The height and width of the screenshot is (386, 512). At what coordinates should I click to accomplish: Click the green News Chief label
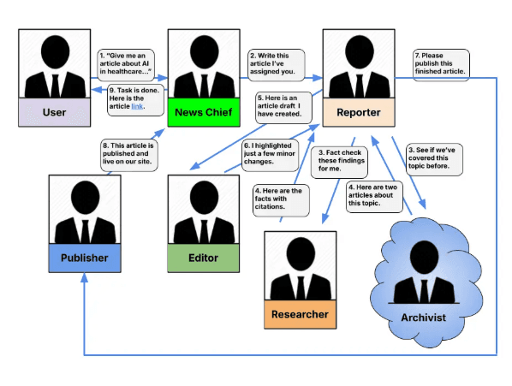point(204,112)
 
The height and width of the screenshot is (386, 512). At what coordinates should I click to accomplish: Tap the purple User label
point(55,112)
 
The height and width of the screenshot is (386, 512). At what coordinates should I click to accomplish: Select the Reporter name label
point(359,112)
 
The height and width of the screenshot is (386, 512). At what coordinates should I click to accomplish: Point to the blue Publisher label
point(85,258)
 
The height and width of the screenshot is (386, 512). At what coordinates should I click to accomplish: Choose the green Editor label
point(204,258)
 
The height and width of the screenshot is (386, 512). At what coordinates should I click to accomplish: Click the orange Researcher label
point(300,314)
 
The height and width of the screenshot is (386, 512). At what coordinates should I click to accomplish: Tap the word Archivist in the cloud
point(423,318)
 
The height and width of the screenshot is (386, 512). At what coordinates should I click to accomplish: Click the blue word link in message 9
point(137,106)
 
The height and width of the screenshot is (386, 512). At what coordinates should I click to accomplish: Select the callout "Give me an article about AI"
point(126,65)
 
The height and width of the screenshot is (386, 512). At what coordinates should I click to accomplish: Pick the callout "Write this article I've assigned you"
point(277,65)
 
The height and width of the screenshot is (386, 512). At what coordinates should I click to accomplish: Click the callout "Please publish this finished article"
point(441,65)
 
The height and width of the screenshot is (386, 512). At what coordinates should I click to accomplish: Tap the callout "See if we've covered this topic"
point(435,159)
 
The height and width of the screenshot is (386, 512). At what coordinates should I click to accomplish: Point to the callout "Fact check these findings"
point(339,162)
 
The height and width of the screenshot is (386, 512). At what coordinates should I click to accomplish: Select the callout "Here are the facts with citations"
point(281,200)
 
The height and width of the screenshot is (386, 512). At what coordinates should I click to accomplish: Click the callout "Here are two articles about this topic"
point(374,197)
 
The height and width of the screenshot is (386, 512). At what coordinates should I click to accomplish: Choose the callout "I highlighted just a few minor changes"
point(270,155)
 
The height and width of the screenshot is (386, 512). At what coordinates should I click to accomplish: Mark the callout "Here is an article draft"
point(283,107)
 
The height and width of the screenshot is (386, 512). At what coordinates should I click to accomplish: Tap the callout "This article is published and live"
point(129,155)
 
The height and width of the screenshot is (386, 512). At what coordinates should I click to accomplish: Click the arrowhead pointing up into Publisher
point(85,277)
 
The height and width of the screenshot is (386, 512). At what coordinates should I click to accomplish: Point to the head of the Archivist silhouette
point(424,257)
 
